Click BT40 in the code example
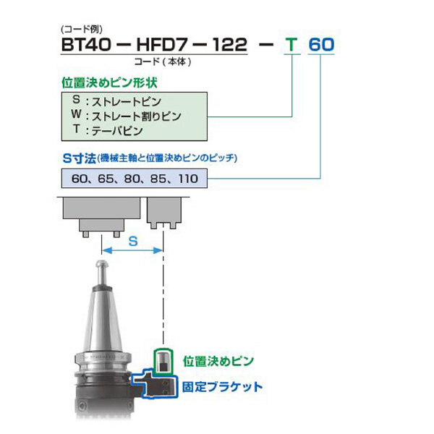coord(85,45)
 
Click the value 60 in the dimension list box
coord(80,178)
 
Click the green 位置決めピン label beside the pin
coord(218,360)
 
